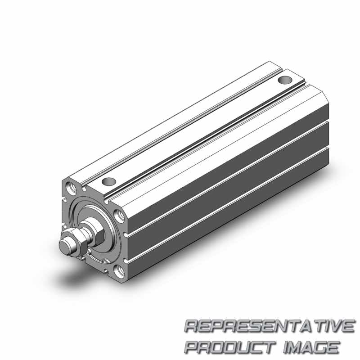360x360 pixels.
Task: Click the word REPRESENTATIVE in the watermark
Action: pos(270,326)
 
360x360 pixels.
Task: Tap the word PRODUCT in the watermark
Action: pos(230,347)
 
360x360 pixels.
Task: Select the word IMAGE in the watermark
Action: pos(311,347)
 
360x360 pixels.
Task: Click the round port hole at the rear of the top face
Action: pos(285,80)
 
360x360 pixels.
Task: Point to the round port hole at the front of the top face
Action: pos(109,182)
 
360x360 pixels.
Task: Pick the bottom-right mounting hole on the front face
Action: pos(120,271)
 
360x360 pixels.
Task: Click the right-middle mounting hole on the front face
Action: pos(120,216)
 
